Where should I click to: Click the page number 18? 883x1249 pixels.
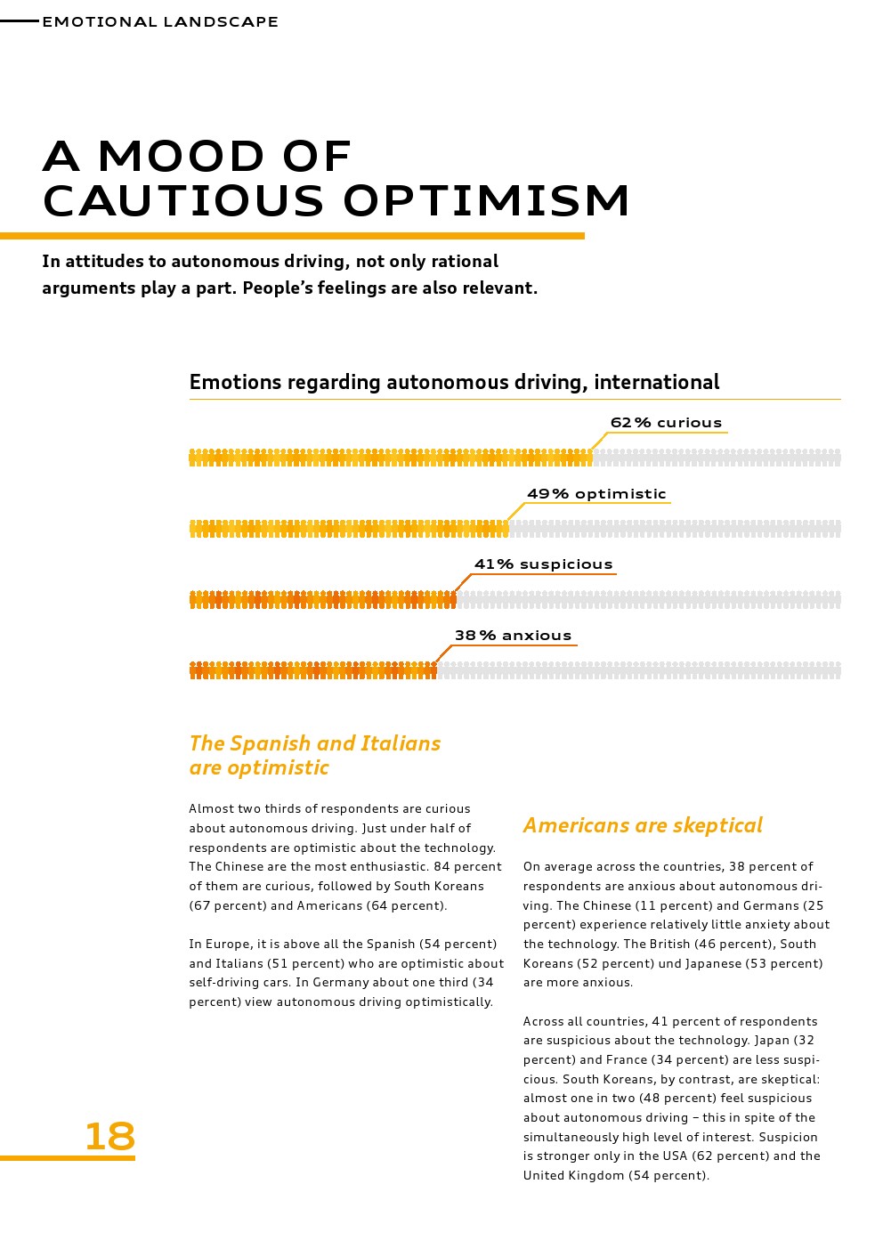(109, 1137)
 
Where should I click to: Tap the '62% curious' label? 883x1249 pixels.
(666, 423)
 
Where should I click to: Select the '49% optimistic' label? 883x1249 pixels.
(596, 494)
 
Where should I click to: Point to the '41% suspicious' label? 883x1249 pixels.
(543, 564)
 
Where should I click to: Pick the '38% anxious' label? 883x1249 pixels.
(513, 636)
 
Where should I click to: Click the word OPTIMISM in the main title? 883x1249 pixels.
(487, 200)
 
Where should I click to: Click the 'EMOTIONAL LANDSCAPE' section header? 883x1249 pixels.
(160, 21)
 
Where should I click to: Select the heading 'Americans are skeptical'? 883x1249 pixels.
(643, 825)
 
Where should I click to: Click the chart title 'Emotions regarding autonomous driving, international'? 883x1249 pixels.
(454, 382)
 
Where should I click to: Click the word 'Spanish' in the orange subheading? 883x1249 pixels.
(271, 743)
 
